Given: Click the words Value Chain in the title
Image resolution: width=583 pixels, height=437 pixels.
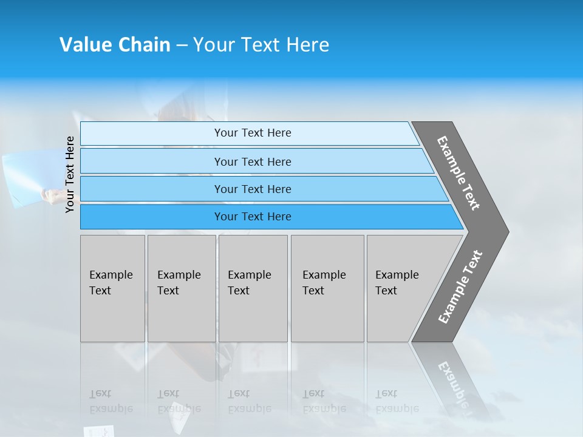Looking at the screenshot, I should tap(115, 45).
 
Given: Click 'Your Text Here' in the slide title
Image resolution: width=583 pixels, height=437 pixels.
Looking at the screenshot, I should tap(261, 45).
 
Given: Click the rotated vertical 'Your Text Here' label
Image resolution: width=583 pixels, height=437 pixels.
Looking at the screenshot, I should tap(70, 174).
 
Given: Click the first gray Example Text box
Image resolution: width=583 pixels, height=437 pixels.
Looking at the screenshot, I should tap(112, 288).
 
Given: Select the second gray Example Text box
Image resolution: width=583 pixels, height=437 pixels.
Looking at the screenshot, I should tap(181, 288).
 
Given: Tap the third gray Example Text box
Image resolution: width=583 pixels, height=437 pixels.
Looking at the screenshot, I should tap(253, 288).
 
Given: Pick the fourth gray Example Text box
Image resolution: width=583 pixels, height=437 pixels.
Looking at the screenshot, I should tap(327, 288).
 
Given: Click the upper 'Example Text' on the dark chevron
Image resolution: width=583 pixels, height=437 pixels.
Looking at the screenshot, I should tap(459, 173).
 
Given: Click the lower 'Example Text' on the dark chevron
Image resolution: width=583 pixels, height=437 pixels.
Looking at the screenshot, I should tap(460, 287).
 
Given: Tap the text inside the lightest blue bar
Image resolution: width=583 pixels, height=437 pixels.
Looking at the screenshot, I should tap(253, 133).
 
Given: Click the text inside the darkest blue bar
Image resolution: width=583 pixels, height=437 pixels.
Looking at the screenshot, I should tap(253, 217).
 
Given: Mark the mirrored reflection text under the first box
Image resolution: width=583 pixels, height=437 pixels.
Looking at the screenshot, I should tap(111, 401).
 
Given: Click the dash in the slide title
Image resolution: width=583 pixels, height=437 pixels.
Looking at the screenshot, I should tap(182, 46).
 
